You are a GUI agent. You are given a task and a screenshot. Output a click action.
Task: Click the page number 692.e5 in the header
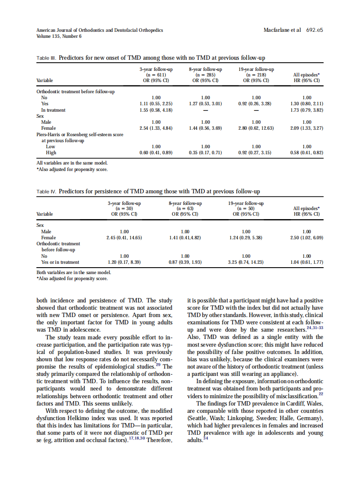point(314,30)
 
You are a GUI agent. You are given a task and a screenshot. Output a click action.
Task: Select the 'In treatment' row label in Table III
point(53,110)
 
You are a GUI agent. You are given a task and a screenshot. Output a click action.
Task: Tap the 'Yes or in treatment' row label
point(60,262)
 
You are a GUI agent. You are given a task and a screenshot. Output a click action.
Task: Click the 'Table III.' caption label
point(46,58)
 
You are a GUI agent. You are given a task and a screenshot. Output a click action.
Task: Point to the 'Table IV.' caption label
point(46,191)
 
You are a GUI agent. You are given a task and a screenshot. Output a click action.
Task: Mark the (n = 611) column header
point(156,74)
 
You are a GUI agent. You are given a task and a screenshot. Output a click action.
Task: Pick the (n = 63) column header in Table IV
point(185,208)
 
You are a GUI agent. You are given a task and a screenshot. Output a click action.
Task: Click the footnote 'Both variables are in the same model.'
point(73,272)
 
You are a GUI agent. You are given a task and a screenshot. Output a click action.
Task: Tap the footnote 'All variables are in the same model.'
point(72,163)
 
